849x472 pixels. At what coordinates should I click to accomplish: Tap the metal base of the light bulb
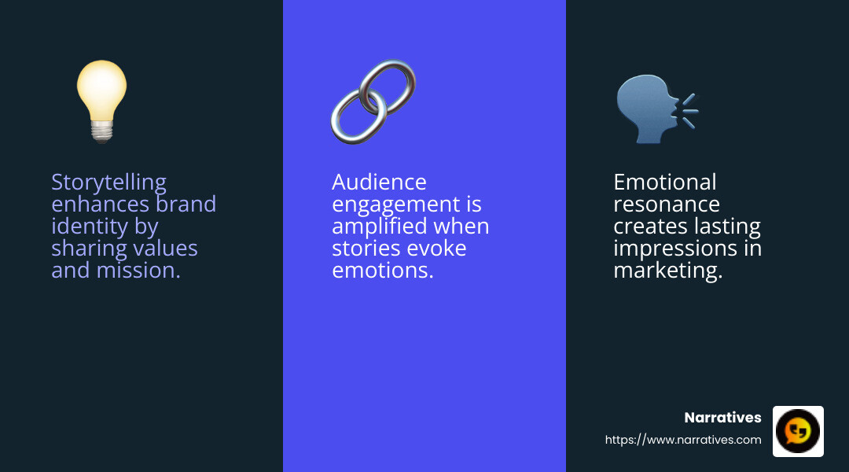[101, 131]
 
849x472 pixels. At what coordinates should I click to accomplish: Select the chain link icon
[373, 101]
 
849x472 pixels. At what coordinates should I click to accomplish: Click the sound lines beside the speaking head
[689, 109]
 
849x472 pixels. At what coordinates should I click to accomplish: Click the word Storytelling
[108, 183]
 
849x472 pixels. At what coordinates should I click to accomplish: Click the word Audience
[379, 183]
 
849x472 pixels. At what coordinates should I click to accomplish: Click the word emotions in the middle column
[382, 271]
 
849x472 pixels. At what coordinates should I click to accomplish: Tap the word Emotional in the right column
[664, 183]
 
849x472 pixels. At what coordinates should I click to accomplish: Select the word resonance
[666, 205]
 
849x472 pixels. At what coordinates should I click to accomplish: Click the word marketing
[667, 271]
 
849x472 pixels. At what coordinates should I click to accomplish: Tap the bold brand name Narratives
[722, 418]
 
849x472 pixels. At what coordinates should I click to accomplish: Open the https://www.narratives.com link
[683, 440]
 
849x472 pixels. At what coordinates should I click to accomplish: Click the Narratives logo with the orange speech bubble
[798, 431]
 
